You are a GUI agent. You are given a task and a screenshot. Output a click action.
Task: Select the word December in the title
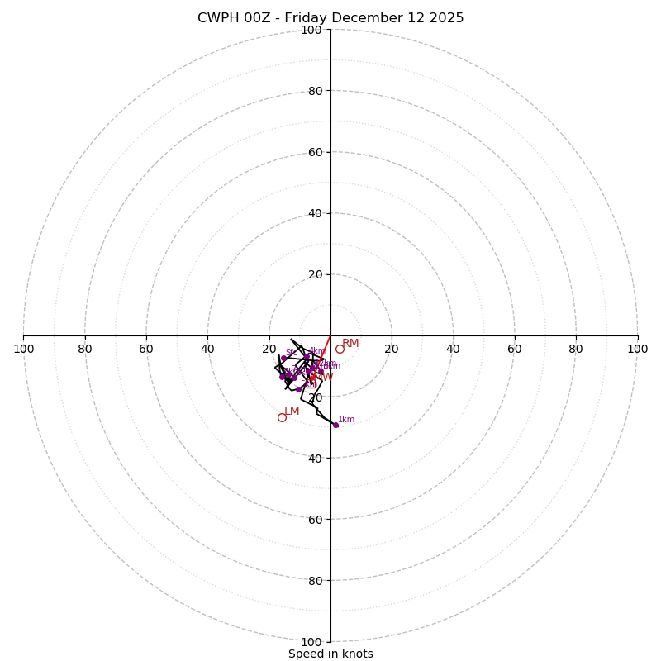click(369, 18)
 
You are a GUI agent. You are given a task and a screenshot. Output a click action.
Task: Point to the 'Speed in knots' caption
click(330, 654)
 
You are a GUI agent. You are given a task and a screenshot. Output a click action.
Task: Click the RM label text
click(350, 344)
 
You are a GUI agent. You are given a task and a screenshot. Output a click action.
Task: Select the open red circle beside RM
click(340, 349)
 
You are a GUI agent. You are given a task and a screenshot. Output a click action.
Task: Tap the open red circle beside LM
click(282, 417)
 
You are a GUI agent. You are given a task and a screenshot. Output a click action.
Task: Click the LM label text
click(292, 411)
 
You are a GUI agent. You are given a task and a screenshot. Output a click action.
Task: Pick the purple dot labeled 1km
click(335, 425)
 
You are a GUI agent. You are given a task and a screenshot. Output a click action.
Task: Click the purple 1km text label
click(346, 420)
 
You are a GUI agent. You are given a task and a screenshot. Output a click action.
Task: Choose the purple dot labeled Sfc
click(283, 359)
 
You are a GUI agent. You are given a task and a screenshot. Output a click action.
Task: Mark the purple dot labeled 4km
click(307, 357)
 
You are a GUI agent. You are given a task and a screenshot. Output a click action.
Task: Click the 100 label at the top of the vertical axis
click(311, 30)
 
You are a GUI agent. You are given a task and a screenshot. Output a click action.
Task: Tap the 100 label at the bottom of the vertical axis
click(311, 642)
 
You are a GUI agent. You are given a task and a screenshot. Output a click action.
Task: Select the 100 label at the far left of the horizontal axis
click(24, 349)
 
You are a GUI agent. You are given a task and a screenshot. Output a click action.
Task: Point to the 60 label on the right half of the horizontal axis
click(515, 349)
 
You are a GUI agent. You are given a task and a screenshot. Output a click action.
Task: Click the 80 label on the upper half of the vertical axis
click(315, 91)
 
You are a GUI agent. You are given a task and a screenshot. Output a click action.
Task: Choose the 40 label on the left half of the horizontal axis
click(207, 349)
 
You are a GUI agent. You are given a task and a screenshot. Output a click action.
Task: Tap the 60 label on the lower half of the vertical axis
click(315, 519)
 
